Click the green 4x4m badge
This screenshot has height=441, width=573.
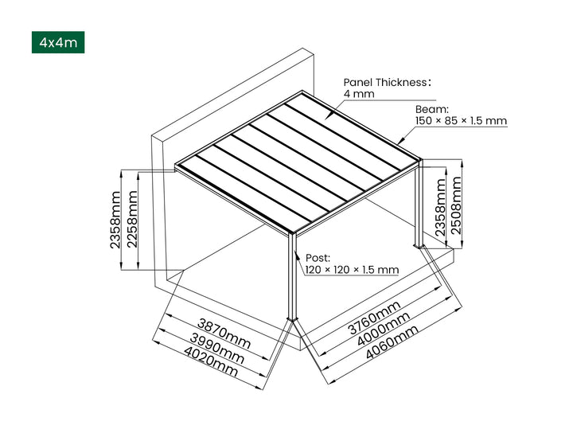pos(57,42)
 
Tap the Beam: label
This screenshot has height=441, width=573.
pos(432,109)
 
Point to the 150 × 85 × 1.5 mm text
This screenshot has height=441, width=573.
pos(461,121)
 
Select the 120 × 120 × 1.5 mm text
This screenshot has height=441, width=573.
pos(352,270)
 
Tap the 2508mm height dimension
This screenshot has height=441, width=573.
pos(457,204)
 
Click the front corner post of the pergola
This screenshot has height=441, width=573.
pos(292,279)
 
